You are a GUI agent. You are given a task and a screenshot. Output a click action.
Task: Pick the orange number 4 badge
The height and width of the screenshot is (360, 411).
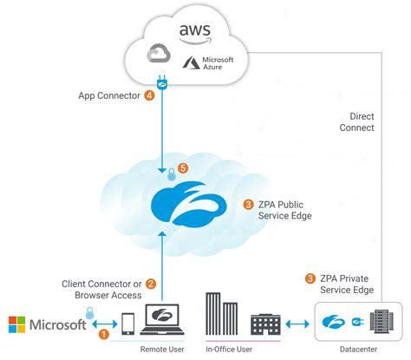(x=150, y=95)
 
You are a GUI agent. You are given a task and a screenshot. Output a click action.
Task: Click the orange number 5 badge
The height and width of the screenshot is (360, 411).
(x=183, y=168)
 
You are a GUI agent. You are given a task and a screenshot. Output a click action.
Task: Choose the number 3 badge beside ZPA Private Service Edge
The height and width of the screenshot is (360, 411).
(x=310, y=278)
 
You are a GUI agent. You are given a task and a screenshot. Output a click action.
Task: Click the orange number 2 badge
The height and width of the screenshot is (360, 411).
(x=150, y=283)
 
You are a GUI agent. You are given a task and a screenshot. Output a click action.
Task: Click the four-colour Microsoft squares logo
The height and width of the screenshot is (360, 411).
(x=16, y=325)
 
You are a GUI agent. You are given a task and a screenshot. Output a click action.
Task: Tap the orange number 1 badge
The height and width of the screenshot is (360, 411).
(x=104, y=332)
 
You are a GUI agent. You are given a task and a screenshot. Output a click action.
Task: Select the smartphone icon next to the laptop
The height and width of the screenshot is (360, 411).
(x=128, y=324)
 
